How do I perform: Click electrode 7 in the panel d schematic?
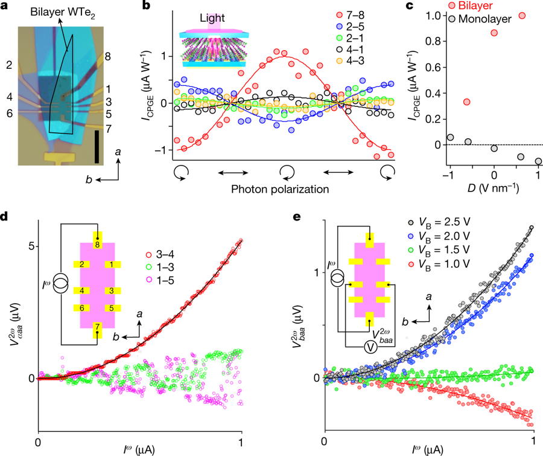pyautogui.click(x=97, y=332)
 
